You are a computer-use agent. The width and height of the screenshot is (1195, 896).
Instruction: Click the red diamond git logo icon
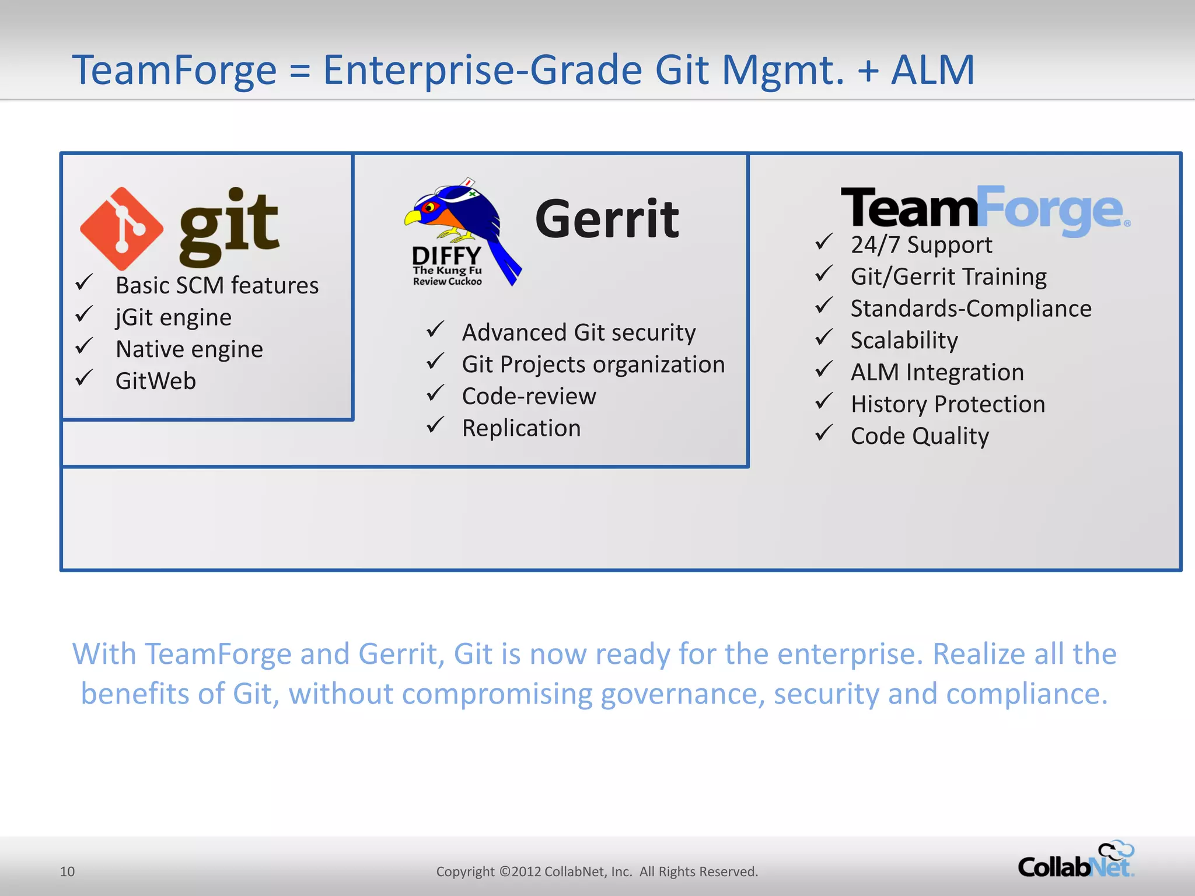coord(122,228)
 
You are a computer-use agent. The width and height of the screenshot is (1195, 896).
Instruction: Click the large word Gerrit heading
coord(607,219)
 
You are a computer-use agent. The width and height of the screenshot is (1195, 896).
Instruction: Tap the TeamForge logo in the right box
coord(985,209)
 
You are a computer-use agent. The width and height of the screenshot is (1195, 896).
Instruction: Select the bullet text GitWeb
coord(156,381)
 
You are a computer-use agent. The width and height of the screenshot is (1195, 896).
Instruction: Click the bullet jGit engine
coord(173,317)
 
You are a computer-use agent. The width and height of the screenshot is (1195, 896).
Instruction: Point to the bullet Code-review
coord(529,396)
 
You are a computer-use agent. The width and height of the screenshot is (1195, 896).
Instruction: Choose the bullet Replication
coord(521,428)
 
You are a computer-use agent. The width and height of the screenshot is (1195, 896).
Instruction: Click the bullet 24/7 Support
coord(921,245)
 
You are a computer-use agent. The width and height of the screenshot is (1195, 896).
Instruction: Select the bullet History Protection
coord(948,404)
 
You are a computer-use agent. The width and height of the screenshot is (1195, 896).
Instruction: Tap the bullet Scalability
coord(904,340)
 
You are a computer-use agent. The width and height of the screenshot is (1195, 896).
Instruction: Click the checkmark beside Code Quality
coord(823,433)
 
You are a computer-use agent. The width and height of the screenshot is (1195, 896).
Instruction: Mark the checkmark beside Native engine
coord(84,346)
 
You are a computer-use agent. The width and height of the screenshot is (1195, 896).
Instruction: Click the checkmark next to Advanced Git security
coord(435,330)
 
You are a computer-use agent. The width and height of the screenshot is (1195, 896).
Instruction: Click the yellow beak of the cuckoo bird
coord(412,218)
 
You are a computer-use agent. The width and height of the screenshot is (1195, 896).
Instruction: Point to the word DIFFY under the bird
coord(446,256)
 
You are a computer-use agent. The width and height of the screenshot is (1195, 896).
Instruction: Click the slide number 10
coord(67,871)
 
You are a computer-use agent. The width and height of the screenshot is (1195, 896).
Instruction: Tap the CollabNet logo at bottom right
coord(1075,861)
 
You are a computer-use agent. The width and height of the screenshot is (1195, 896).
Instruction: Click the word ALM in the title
coord(932,70)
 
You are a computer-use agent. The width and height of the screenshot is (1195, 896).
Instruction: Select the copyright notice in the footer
coord(597,871)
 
